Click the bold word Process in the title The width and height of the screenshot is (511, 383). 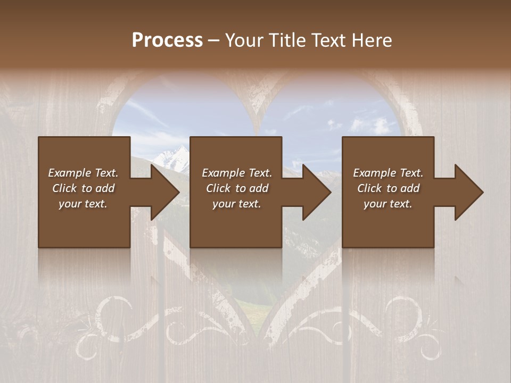pyautogui.click(x=167, y=40)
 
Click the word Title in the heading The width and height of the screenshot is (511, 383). pyautogui.click(x=288, y=40)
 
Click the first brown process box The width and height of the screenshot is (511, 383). pyautogui.click(x=84, y=223)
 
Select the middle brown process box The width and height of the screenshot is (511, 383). pyautogui.click(x=236, y=223)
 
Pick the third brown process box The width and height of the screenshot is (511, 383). pyautogui.click(x=388, y=223)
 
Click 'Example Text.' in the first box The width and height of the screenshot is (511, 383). pyautogui.click(x=83, y=173)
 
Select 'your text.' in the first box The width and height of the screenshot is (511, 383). pyautogui.click(x=83, y=204)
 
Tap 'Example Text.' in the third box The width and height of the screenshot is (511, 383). pyautogui.click(x=388, y=173)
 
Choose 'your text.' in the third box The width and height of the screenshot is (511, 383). pyautogui.click(x=388, y=204)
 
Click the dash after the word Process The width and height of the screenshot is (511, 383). pyautogui.click(x=213, y=41)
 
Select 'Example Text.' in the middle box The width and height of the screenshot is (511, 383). pyautogui.click(x=237, y=173)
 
